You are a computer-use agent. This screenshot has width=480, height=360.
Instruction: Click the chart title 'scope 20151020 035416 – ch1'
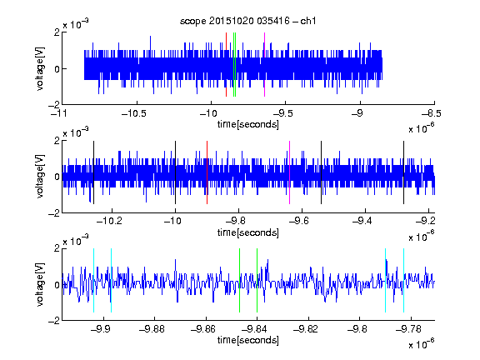(x=248, y=21)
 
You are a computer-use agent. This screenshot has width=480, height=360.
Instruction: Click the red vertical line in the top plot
(x=226, y=65)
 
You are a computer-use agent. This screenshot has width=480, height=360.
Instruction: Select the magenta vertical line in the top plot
(x=264, y=65)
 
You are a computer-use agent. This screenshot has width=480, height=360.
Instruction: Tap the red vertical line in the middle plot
(x=207, y=172)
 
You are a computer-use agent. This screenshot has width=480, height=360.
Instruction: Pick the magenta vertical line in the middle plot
(x=290, y=172)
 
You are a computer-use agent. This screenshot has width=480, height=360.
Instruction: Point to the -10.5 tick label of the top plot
(x=134, y=113)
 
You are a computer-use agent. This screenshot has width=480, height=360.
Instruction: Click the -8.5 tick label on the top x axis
(x=432, y=113)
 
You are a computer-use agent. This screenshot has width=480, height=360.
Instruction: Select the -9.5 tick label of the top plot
(x=283, y=113)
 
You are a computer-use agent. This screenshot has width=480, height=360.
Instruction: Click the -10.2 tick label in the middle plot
(x=109, y=221)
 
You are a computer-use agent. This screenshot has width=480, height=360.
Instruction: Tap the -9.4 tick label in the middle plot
(x=362, y=221)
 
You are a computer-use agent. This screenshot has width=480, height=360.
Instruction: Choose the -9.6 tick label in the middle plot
(x=299, y=221)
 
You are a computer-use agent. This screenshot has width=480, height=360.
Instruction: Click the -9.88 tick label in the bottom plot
(x=152, y=329)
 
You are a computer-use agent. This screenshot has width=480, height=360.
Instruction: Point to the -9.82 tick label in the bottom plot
(x=306, y=329)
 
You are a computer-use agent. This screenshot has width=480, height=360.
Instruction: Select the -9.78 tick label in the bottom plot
(x=408, y=329)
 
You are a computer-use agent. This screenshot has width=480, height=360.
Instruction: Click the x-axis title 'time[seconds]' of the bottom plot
(x=248, y=340)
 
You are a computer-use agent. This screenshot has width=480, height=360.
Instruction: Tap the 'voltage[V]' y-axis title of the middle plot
(x=40, y=177)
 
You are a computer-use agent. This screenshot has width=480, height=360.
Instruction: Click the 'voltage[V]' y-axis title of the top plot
(x=40, y=68)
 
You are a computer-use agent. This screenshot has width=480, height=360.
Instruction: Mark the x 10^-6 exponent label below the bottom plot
(x=422, y=343)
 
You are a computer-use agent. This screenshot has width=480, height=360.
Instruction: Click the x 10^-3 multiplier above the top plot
(x=76, y=24)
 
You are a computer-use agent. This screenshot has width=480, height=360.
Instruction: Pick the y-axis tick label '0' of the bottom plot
(x=57, y=285)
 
